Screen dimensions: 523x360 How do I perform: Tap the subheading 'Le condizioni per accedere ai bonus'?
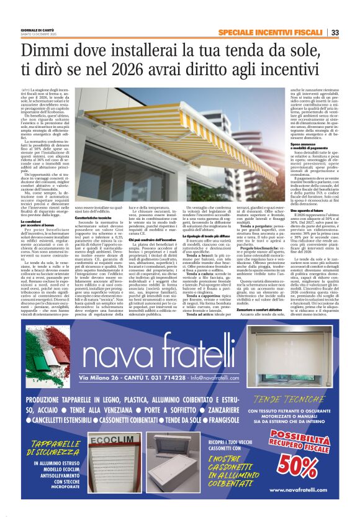click(37, 222)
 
